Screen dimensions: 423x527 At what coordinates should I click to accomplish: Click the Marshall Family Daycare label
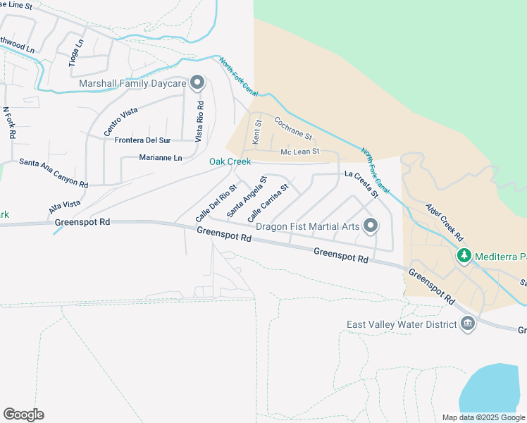[132, 84]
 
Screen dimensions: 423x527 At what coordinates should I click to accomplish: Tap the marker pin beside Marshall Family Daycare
[197, 83]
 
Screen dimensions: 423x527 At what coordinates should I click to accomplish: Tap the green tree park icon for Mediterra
[464, 255]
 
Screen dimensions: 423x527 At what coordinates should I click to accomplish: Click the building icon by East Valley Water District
[466, 324]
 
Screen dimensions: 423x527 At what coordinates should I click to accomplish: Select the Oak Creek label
[230, 162]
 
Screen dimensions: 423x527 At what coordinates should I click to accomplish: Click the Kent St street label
[257, 133]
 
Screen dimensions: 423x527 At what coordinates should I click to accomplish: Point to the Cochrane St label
[292, 128]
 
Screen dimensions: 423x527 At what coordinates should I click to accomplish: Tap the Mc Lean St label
[300, 152]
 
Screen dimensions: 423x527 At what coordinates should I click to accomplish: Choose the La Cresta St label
[362, 184]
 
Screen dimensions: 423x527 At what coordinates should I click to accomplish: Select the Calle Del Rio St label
[216, 200]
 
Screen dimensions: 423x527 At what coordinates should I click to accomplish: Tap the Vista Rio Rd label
[199, 121]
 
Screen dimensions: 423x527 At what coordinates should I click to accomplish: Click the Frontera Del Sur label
[144, 140]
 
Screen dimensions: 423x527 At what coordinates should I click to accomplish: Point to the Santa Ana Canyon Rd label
[54, 173]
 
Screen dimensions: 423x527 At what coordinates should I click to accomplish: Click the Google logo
[23, 415]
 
